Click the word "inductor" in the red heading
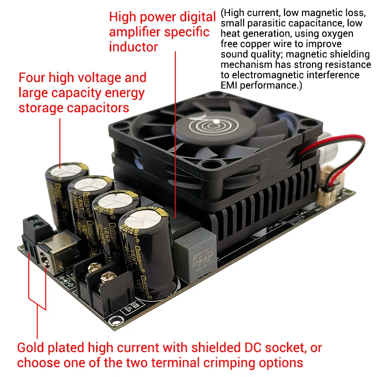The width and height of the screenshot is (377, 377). [x=133, y=47]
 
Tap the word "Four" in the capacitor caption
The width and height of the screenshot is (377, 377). [x=32, y=78]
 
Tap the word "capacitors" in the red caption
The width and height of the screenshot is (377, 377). [x=98, y=108]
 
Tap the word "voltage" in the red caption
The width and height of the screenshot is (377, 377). [x=87, y=78]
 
